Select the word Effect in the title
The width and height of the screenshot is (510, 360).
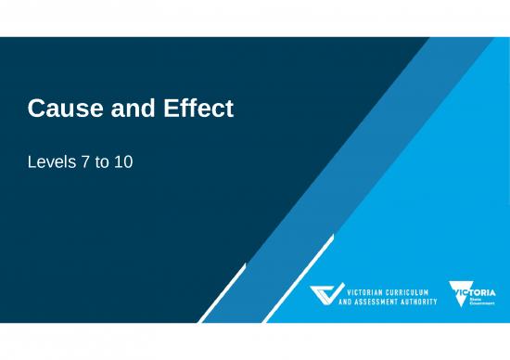[198, 109]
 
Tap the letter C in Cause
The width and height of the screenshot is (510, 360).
[36, 109]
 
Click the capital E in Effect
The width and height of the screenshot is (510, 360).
[171, 109]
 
